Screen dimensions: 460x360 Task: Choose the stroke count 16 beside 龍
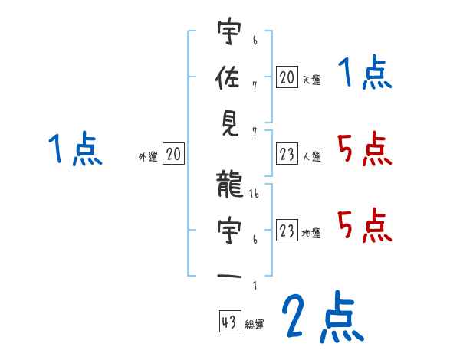(255, 196)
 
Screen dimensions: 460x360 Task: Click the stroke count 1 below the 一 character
(254, 286)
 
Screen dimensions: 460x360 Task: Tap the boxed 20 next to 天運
(287, 77)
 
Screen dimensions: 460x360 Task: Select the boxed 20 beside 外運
(173, 155)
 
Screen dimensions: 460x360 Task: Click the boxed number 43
(228, 322)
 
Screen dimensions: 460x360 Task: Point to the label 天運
(311, 80)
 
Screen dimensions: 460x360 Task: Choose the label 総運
(254, 325)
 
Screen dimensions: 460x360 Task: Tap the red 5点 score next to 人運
(364, 149)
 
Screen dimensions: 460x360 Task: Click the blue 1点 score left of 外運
(74, 149)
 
